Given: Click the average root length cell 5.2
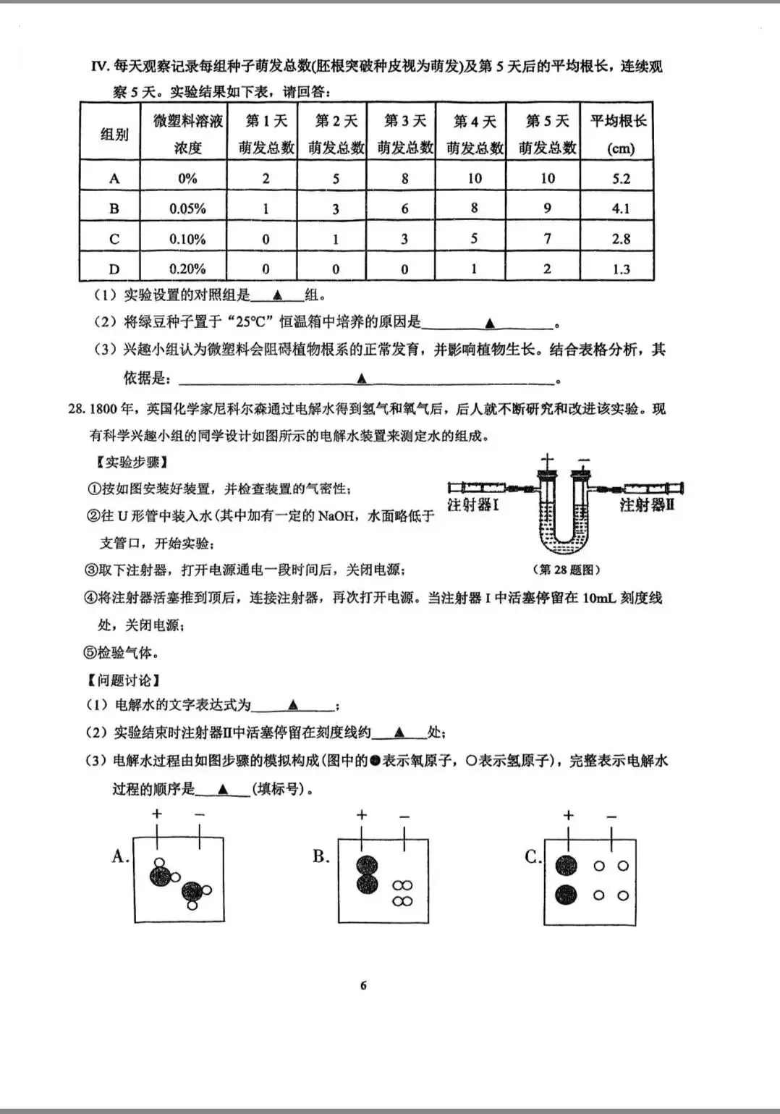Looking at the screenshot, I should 621,178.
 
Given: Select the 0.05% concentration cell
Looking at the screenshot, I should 187,208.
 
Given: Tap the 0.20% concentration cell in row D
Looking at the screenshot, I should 187,269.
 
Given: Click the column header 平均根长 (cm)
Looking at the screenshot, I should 619,134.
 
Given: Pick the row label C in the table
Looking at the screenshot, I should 114,239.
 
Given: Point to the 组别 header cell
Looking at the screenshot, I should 114,134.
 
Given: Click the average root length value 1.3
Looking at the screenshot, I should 621,269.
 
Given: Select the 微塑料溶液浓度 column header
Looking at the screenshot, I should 187,134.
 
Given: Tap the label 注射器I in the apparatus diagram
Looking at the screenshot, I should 472,505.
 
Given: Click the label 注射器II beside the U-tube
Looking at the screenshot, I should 646,505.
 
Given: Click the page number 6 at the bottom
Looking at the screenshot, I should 363,985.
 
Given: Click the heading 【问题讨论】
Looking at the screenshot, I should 123,680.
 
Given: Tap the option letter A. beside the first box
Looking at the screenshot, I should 120,857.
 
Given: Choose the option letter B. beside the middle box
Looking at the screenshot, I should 321,857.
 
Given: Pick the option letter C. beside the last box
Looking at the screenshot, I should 533,857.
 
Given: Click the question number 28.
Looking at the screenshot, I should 77,409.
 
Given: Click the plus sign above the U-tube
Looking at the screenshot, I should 548,459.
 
